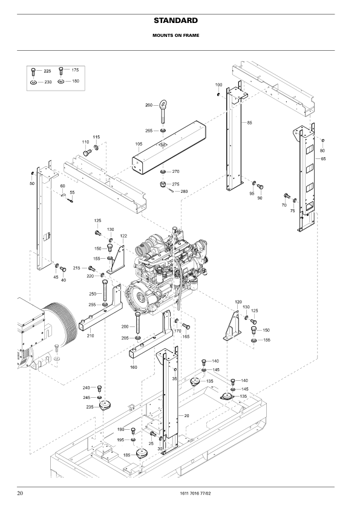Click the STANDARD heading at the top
coord(176,21)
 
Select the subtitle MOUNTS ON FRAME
coord(176,36)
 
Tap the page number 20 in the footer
coord(20,493)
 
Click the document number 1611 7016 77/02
coord(195,493)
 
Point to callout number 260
coord(149,105)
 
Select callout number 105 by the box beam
coord(139,144)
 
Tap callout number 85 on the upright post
coord(249,123)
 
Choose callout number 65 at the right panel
coord(323,159)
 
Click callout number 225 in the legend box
coord(47,71)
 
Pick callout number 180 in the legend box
coord(76,81)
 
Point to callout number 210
coord(90,336)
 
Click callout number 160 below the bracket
coord(134,367)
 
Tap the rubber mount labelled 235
coord(105,406)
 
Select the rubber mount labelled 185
coord(142,453)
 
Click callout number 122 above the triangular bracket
coord(123,236)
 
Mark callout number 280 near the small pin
coord(184,192)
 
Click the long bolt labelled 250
coord(105,291)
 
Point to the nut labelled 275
coord(163,185)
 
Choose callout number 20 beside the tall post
coord(186,415)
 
